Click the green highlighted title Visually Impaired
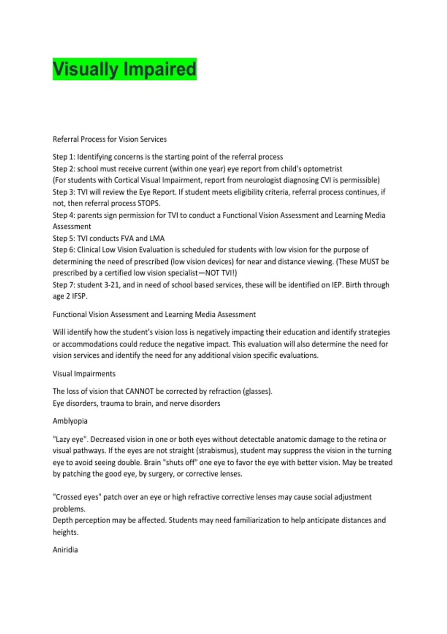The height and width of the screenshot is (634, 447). coord(124,69)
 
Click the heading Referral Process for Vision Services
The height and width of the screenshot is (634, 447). coord(110,139)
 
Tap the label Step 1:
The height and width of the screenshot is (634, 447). coord(64,157)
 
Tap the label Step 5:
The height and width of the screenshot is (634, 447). coord(64,238)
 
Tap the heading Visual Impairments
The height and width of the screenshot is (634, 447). coord(84,374)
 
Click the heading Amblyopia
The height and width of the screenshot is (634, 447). coord(70,421)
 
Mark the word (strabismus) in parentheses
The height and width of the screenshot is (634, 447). coord(216,451)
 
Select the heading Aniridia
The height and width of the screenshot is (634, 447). coord(65,550)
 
